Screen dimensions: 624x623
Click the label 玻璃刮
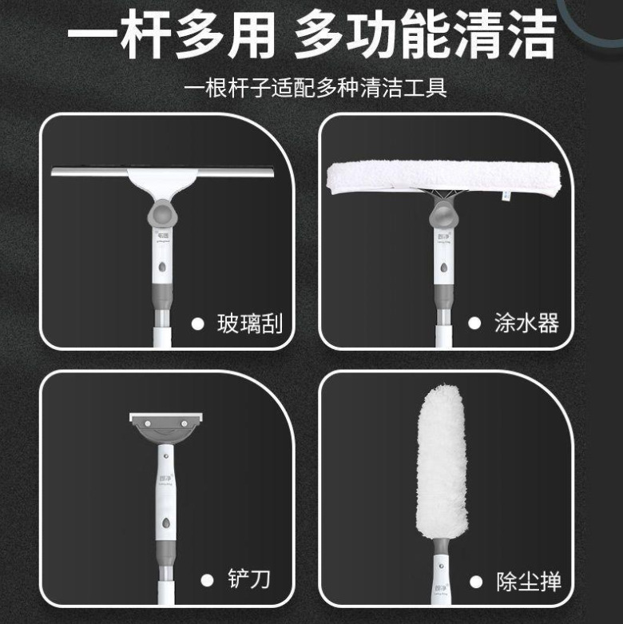click(249, 324)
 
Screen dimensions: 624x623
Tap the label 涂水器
click(526, 324)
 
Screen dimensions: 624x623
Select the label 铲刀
click(248, 579)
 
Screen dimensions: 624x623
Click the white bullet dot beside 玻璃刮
click(197, 324)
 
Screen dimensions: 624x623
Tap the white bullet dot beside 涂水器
click(474, 324)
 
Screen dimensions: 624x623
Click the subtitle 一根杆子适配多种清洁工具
click(315, 87)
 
